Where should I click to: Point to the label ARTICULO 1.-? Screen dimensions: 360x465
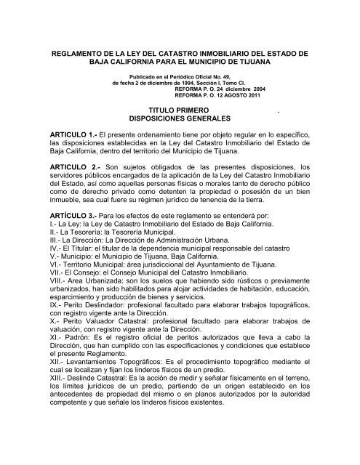click(76, 136)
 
